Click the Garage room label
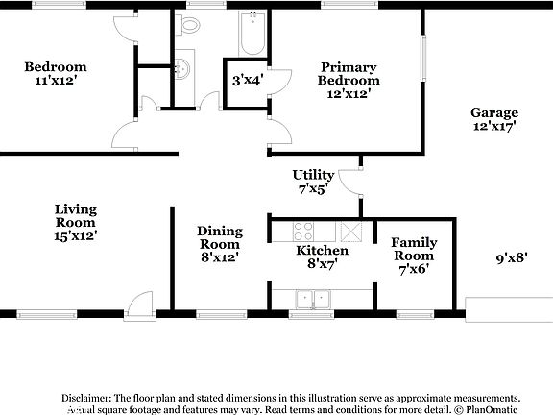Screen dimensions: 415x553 [494, 119]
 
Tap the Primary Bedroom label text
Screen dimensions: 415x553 [349, 80]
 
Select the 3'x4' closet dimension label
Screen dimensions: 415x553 [247, 80]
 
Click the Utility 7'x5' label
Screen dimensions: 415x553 [313, 182]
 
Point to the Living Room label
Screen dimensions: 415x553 [75, 221]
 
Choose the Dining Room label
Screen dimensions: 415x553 [219, 244]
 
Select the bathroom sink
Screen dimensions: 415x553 [183, 69]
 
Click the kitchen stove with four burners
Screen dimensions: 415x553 [303, 232]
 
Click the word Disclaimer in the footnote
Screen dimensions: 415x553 [86, 397]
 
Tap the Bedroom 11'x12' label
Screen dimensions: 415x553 [56, 73]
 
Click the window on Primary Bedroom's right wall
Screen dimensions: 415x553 [420, 60]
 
